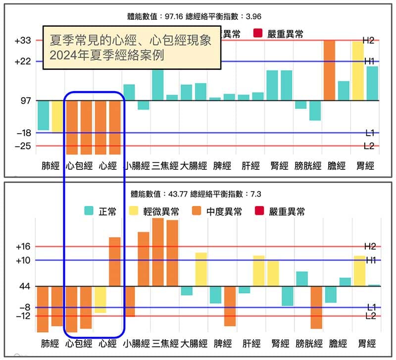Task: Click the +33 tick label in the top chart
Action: (x=23, y=41)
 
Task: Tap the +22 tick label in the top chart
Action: (x=23, y=61)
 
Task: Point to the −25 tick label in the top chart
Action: (x=23, y=146)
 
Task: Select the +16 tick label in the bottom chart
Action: (x=23, y=246)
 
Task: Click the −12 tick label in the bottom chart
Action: (x=23, y=316)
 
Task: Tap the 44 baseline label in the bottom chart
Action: (x=25, y=286)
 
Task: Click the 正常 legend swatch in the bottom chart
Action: (x=90, y=211)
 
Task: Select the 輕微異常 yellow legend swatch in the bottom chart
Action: (x=133, y=211)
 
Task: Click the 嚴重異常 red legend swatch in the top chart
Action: (x=258, y=34)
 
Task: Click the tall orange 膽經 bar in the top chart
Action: (x=329, y=70)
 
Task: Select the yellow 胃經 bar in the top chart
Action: (x=358, y=71)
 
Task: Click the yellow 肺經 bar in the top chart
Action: (x=57, y=116)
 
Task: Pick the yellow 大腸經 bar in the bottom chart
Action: (x=201, y=269)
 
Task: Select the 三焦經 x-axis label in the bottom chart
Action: (x=165, y=343)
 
